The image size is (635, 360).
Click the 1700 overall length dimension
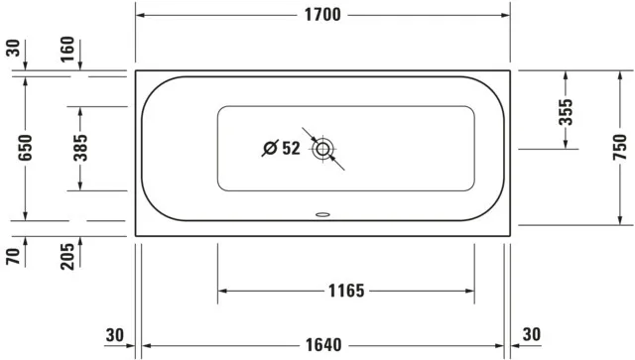[323, 15]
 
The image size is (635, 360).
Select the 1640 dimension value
[323, 345]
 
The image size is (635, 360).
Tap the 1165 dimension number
[346, 292]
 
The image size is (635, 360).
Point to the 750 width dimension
[618, 148]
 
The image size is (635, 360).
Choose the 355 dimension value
[565, 110]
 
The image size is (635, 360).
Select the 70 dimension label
[13, 256]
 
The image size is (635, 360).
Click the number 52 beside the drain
[291, 149]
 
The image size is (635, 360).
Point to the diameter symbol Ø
[269, 149]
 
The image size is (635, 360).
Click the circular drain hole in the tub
[323, 150]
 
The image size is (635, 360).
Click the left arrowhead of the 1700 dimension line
[140, 15]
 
